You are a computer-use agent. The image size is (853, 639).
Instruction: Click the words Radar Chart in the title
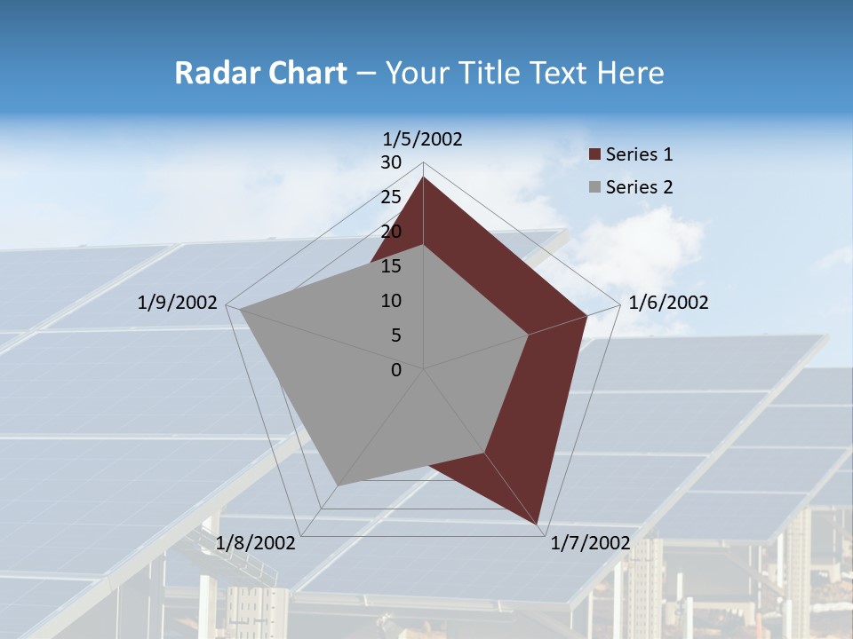260,73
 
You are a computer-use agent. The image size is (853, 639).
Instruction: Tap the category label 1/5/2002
423,139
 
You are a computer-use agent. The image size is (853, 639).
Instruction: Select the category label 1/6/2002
668,303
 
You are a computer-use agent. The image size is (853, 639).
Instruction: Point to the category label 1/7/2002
590,543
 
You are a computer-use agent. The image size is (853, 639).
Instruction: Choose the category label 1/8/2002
256,543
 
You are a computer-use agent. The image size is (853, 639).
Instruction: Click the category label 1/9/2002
178,303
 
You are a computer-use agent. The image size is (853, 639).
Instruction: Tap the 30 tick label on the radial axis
391,162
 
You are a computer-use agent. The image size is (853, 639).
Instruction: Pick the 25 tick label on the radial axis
391,197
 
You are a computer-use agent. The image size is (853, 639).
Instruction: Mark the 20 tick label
391,232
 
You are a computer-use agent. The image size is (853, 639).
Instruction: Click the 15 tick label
391,266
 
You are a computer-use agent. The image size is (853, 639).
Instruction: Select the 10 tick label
391,301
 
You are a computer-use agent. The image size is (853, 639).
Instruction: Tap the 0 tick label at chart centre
396,370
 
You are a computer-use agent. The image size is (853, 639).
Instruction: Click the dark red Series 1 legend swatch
595,155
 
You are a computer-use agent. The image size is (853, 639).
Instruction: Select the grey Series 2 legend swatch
595,187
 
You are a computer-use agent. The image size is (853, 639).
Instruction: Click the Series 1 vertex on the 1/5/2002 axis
423,177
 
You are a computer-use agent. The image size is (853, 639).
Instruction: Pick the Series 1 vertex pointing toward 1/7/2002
539,525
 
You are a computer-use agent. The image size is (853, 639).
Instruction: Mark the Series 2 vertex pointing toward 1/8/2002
338,485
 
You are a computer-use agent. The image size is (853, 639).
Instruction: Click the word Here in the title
631,73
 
